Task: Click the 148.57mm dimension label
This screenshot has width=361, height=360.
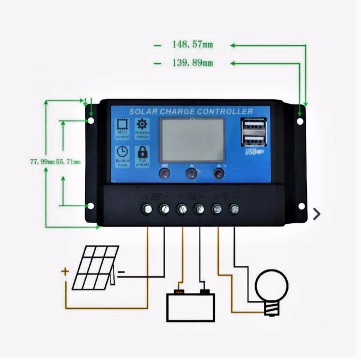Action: (x=192, y=45)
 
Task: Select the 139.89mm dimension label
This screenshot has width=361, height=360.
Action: (x=192, y=63)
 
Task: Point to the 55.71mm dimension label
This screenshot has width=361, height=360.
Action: (x=68, y=162)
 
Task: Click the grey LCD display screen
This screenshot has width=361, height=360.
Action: (x=192, y=139)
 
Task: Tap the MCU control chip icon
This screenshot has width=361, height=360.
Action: (x=122, y=124)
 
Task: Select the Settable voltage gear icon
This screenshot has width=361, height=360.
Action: (x=142, y=124)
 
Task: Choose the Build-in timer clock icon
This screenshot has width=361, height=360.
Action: (x=122, y=152)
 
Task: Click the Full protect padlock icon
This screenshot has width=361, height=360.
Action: (x=142, y=152)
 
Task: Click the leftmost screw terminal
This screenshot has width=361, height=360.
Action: (x=147, y=209)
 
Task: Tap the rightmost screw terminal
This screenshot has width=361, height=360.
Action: (x=234, y=209)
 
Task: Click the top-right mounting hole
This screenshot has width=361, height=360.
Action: (x=300, y=121)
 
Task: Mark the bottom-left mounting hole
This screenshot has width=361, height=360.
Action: (x=91, y=206)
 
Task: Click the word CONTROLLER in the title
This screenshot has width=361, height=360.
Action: (x=225, y=112)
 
